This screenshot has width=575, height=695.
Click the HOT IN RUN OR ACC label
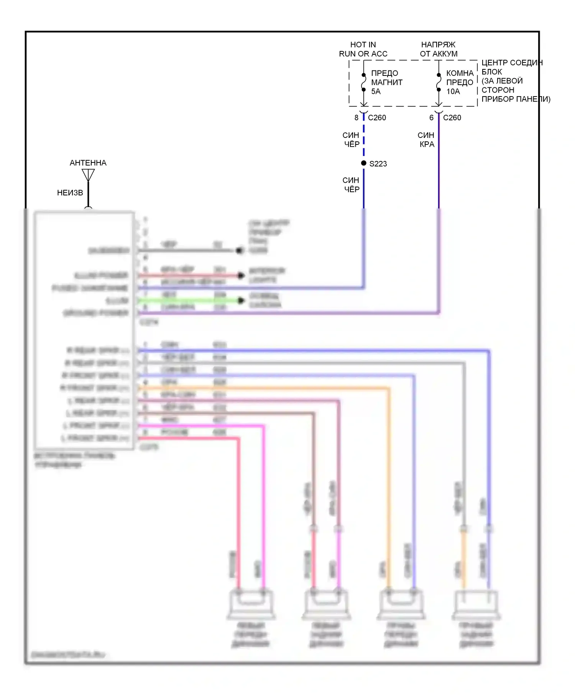coord(363,49)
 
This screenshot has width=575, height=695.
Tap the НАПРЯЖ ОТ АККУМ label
coord(439,49)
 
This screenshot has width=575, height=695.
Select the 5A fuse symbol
coord(364,82)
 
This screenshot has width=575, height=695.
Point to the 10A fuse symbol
coord(439,82)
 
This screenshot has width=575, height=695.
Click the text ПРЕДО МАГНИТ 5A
coord(386,82)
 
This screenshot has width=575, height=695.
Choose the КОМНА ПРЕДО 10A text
coord(460,82)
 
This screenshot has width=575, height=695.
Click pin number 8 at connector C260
coord(356,118)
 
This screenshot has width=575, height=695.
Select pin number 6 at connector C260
coord(431,118)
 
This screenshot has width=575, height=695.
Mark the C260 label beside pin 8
coord(377,118)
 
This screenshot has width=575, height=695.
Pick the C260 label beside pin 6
coord(452,118)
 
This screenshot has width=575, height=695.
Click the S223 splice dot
coord(364,163)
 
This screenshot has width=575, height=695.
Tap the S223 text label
coord(378,164)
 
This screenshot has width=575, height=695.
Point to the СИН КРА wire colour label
coord(426,140)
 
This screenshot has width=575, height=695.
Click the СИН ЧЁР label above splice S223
coord(351,140)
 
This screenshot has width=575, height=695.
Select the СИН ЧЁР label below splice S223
coord(351,185)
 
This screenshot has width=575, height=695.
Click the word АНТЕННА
coord(88,163)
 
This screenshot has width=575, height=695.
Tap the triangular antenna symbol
coord(88,175)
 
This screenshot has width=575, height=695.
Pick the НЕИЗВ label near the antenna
coord(70,193)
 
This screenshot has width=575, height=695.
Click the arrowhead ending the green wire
coord(241,300)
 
